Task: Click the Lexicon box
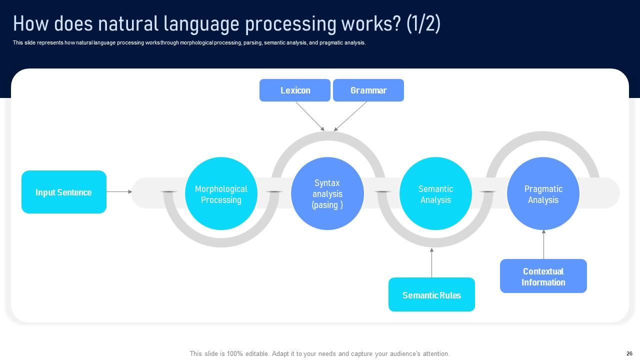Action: click(x=295, y=90)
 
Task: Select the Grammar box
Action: click(x=368, y=90)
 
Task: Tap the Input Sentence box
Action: click(x=64, y=192)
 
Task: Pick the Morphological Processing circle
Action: click(x=221, y=194)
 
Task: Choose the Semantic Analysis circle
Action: click(x=435, y=194)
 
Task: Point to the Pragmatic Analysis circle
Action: click(x=543, y=194)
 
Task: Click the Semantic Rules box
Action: click(x=431, y=295)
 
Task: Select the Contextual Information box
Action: click(x=543, y=276)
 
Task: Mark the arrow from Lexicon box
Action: click(x=310, y=116)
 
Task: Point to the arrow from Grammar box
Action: click(x=350, y=116)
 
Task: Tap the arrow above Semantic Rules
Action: click(x=431, y=262)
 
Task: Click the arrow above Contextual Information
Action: click(x=543, y=244)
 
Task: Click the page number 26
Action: click(x=629, y=353)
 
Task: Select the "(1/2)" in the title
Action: click(x=423, y=24)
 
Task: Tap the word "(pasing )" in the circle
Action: click(x=327, y=205)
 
